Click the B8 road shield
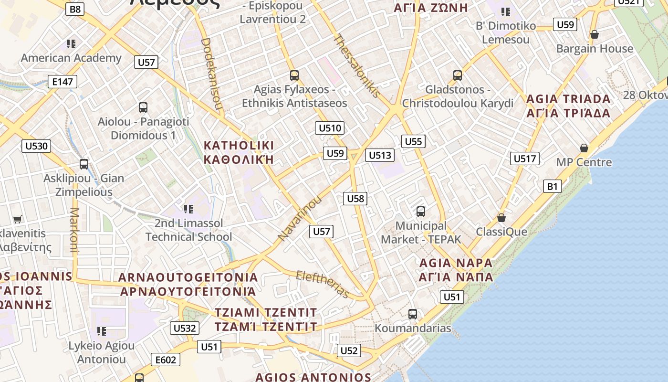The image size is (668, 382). [75, 9]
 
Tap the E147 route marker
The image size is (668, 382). [63, 82]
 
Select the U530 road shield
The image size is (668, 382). [36, 146]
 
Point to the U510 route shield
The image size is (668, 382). [330, 128]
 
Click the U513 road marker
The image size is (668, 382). [380, 155]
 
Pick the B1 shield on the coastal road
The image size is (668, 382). [552, 186]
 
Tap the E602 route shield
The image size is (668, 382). [165, 360]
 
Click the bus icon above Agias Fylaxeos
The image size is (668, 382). [294, 75]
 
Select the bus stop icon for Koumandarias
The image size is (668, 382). [413, 314]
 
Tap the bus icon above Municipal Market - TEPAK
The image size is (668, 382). [420, 211]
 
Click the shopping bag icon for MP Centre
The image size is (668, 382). [584, 148]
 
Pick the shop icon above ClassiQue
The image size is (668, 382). [501, 218]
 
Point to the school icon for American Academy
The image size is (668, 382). [71, 44]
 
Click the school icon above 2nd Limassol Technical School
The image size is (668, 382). [188, 209]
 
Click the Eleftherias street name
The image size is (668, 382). [323, 284]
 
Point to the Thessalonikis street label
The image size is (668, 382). [357, 66]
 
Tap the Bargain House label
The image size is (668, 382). [595, 49]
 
